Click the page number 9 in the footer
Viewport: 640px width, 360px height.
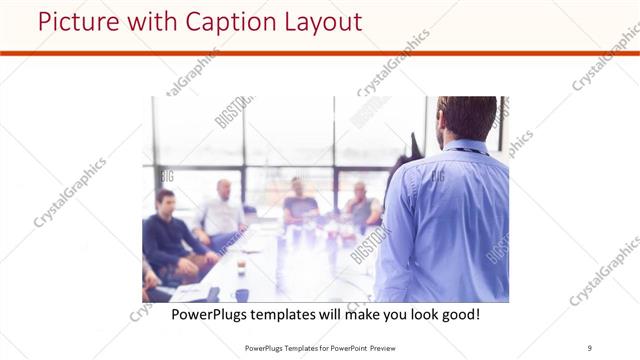[x=589, y=347]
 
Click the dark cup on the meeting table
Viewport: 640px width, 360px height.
[x=242, y=294]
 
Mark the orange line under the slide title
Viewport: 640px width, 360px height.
[x=320, y=53]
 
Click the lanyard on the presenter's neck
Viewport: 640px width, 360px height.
[x=470, y=151]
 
